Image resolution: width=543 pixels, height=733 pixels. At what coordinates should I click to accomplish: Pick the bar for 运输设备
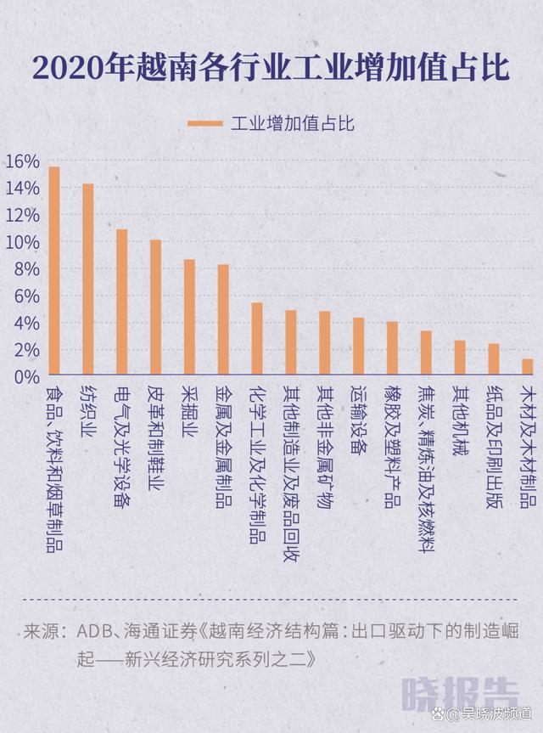[x=358, y=346]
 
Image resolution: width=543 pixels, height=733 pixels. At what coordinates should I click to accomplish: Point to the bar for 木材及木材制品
[x=528, y=366]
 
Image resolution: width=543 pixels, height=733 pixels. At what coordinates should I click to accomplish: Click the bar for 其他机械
[x=460, y=358]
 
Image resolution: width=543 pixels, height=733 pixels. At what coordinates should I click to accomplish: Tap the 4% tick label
[x=25, y=324]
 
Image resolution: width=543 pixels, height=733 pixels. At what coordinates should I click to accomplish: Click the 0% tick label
[x=25, y=376]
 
